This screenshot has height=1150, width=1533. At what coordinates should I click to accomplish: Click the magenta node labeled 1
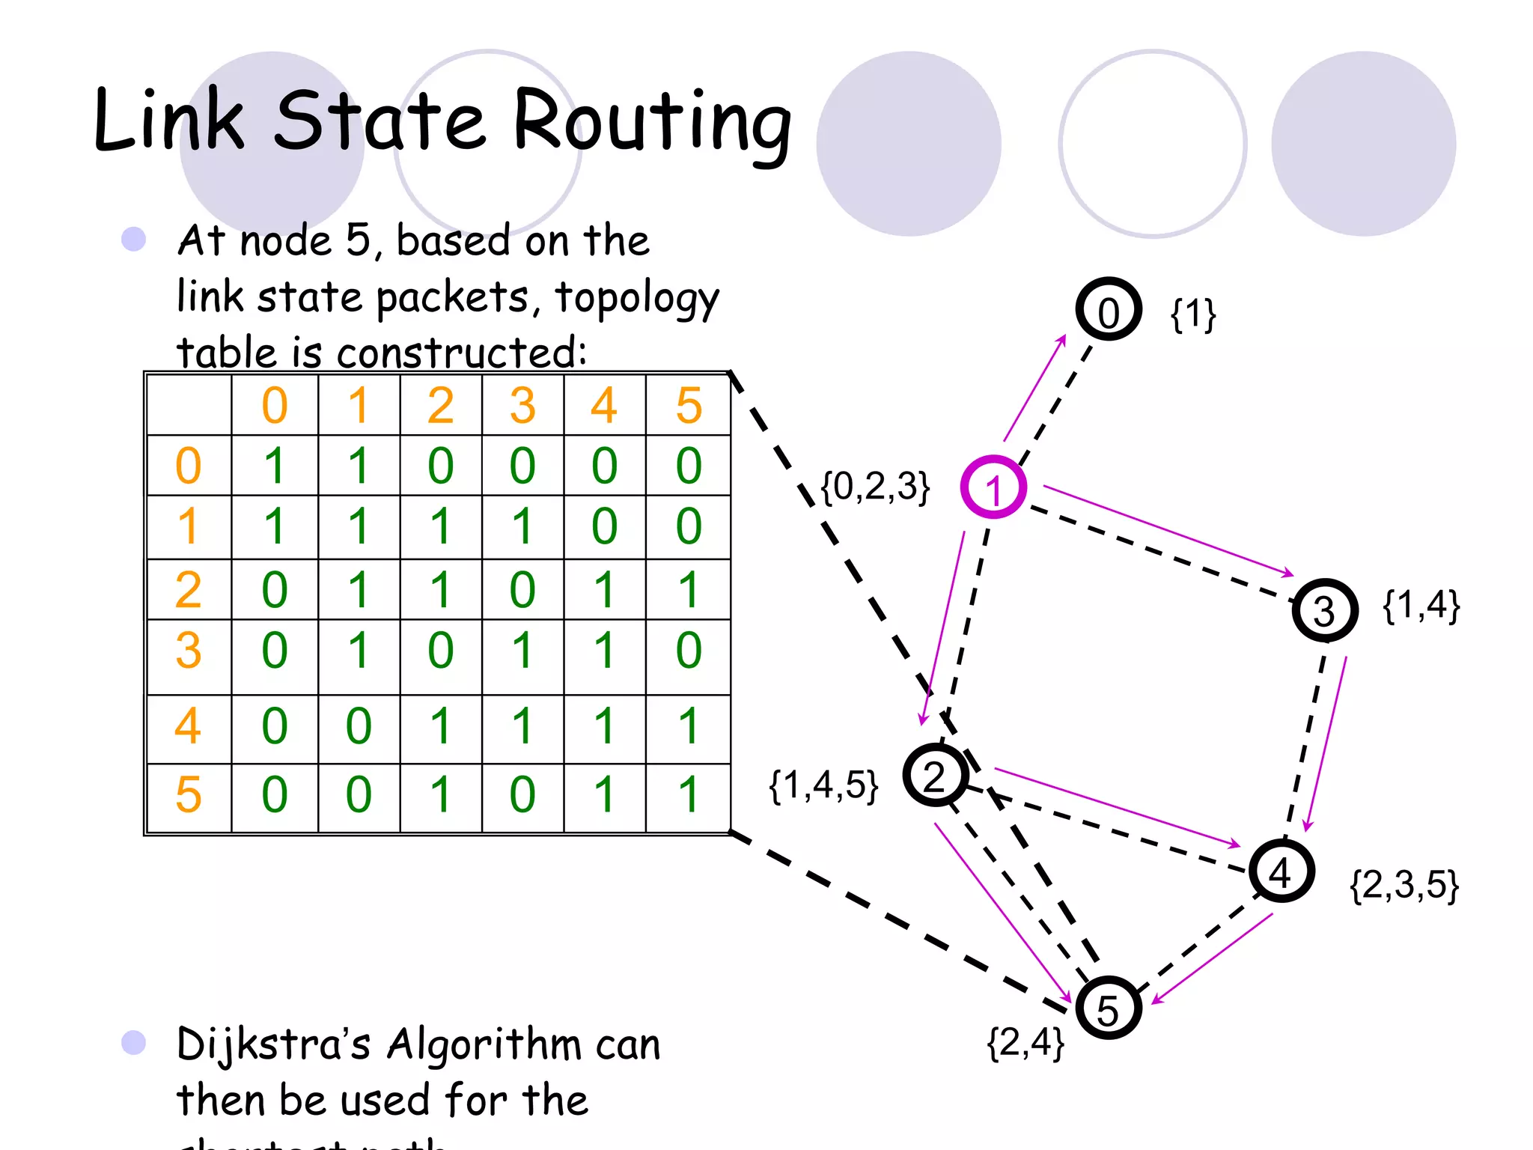[993, 487]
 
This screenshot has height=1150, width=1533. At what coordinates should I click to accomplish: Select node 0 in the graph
[1109, 309]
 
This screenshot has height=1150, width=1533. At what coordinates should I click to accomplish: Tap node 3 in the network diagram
[1324, 609]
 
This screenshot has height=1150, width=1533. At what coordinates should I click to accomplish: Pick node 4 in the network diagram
[1281, 871]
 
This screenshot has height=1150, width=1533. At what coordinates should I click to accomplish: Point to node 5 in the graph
[1108, 1008]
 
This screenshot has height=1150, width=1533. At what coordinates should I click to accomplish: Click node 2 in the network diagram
[935, 775]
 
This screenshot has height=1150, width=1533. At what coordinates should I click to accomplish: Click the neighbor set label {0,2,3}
[875, 487]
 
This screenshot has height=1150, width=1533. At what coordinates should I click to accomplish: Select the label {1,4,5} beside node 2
[823, 785]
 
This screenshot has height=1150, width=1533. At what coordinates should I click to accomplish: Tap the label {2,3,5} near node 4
[1404, 885]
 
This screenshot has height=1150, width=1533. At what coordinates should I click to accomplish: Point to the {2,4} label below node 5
[1025, 1042]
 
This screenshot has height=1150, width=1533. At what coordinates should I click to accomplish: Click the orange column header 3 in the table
[522, 405]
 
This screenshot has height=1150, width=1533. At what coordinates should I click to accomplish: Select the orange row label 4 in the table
[188, 725]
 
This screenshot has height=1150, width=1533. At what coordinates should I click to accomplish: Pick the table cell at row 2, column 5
[689, 589]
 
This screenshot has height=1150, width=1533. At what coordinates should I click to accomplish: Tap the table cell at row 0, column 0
[275, 466]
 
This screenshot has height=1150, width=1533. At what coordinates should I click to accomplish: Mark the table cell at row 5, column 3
[522, 794]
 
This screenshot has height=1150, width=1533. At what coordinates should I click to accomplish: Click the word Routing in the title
[652, 122]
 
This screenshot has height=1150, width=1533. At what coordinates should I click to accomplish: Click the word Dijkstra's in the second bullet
[273, 1045]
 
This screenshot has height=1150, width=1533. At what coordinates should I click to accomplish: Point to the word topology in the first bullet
[637, 298]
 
